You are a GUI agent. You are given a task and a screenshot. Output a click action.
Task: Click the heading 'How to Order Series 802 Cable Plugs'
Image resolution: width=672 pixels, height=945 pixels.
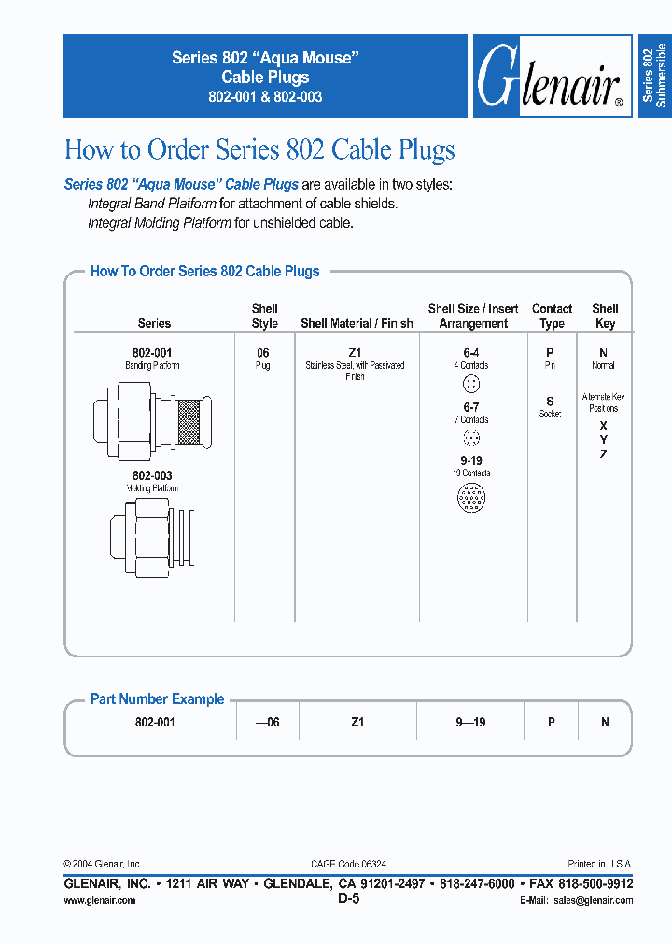click(259, 149)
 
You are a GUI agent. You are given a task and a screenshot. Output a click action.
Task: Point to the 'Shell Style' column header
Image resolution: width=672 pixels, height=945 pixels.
click(265, 316)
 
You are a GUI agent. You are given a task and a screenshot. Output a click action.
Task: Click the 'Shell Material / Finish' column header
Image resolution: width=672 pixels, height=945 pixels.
click(357, 323)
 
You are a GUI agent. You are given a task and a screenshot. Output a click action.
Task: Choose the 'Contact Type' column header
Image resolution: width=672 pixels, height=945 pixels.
click(552, 316)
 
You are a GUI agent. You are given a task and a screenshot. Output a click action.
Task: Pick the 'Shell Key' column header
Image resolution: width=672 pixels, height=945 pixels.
click(605, 316)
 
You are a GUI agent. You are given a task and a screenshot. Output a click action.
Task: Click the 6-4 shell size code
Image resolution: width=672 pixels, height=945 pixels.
click(472, 353)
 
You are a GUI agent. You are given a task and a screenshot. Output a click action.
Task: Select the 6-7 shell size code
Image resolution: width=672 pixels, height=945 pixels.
click(472, 407)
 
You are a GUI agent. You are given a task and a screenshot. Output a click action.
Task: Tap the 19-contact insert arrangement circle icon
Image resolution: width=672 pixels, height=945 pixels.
click(472, 499)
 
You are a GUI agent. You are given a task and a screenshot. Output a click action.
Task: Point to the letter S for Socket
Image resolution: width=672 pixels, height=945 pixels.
click(550, 402)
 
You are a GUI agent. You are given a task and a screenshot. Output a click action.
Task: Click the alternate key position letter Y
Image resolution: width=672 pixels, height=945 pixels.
click(604, 440)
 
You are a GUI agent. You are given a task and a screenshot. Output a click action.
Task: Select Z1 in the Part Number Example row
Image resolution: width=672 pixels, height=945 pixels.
click(357, 722)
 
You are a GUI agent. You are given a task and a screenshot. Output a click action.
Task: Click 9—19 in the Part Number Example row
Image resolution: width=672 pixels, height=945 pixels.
click(472, 722)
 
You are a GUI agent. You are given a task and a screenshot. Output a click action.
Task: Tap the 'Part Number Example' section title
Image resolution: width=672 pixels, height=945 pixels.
click(157, 698)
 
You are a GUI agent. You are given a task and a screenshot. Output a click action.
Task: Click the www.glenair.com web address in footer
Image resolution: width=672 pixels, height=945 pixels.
click(99, 900)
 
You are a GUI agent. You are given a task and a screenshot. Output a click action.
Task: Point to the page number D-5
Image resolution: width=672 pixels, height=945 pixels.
click(348, 898)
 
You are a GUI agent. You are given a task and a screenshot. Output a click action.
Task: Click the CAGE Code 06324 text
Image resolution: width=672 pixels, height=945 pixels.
click(348, 865)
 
